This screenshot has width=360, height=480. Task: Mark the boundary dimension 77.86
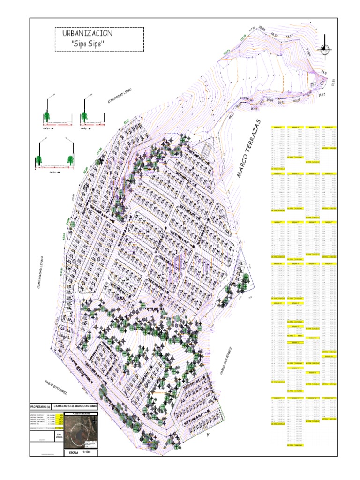tap(307, 53)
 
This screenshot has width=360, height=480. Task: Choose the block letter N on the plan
tap(127, 278)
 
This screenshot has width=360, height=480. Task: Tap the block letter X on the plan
tap(241, 272)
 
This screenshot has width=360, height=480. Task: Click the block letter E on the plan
tap(217, 246)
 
